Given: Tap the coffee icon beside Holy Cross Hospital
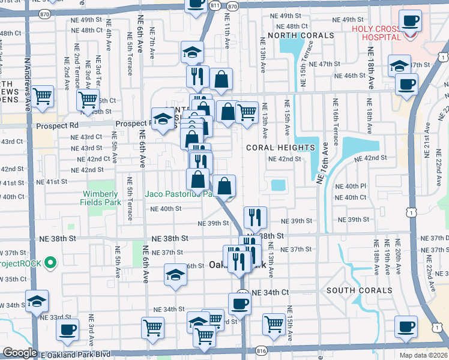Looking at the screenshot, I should click(x=410, y=22).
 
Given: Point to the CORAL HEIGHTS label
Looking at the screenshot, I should click(x=280, y=147).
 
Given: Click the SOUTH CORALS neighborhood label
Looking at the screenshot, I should click(x=360, y=290).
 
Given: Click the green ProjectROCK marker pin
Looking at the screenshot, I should click(x=51, y=263).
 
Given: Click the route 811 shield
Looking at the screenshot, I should click(x=214, y=5).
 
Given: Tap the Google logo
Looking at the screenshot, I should click(x=20, y=353).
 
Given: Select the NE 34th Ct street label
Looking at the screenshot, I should click(x=271, y=292).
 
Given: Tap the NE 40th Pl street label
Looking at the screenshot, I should click(x=351, y=186).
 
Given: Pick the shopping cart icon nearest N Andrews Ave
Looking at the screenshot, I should click(x=42, y=96).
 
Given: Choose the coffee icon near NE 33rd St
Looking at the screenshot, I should click(x=67, y=329).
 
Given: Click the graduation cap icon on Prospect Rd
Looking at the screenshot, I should click(x=163, y=118).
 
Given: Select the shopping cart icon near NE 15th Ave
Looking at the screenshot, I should click(x=274, y=323).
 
